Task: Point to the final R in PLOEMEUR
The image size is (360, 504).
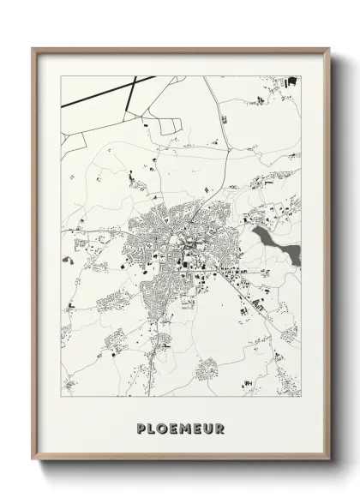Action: coord(220,426)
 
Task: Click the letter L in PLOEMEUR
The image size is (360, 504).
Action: coord(149,426)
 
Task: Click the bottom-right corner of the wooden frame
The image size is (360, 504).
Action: coord(327,475)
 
